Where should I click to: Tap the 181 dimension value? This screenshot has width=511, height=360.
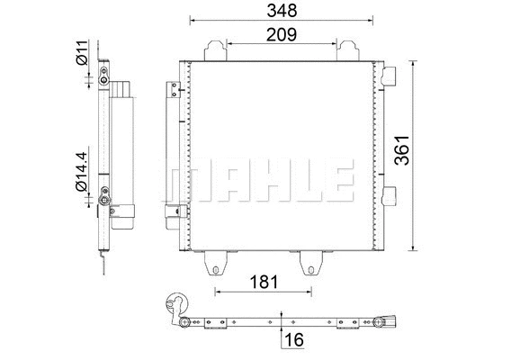pyautogui.click(x=263, y=283)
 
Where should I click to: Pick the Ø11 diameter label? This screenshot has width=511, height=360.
pyautogui.click(x=81, y=52)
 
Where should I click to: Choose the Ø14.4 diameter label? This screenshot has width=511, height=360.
pyautogui.click(x=81, y=172)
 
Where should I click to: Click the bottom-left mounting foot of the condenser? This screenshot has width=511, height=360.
pyautogui.click(x=216, y=262)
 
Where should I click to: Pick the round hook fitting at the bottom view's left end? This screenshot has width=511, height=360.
pyautogui.click(x=177, y=306)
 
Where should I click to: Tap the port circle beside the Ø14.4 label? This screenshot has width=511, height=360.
pyautogui.click(x=106, y=190)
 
